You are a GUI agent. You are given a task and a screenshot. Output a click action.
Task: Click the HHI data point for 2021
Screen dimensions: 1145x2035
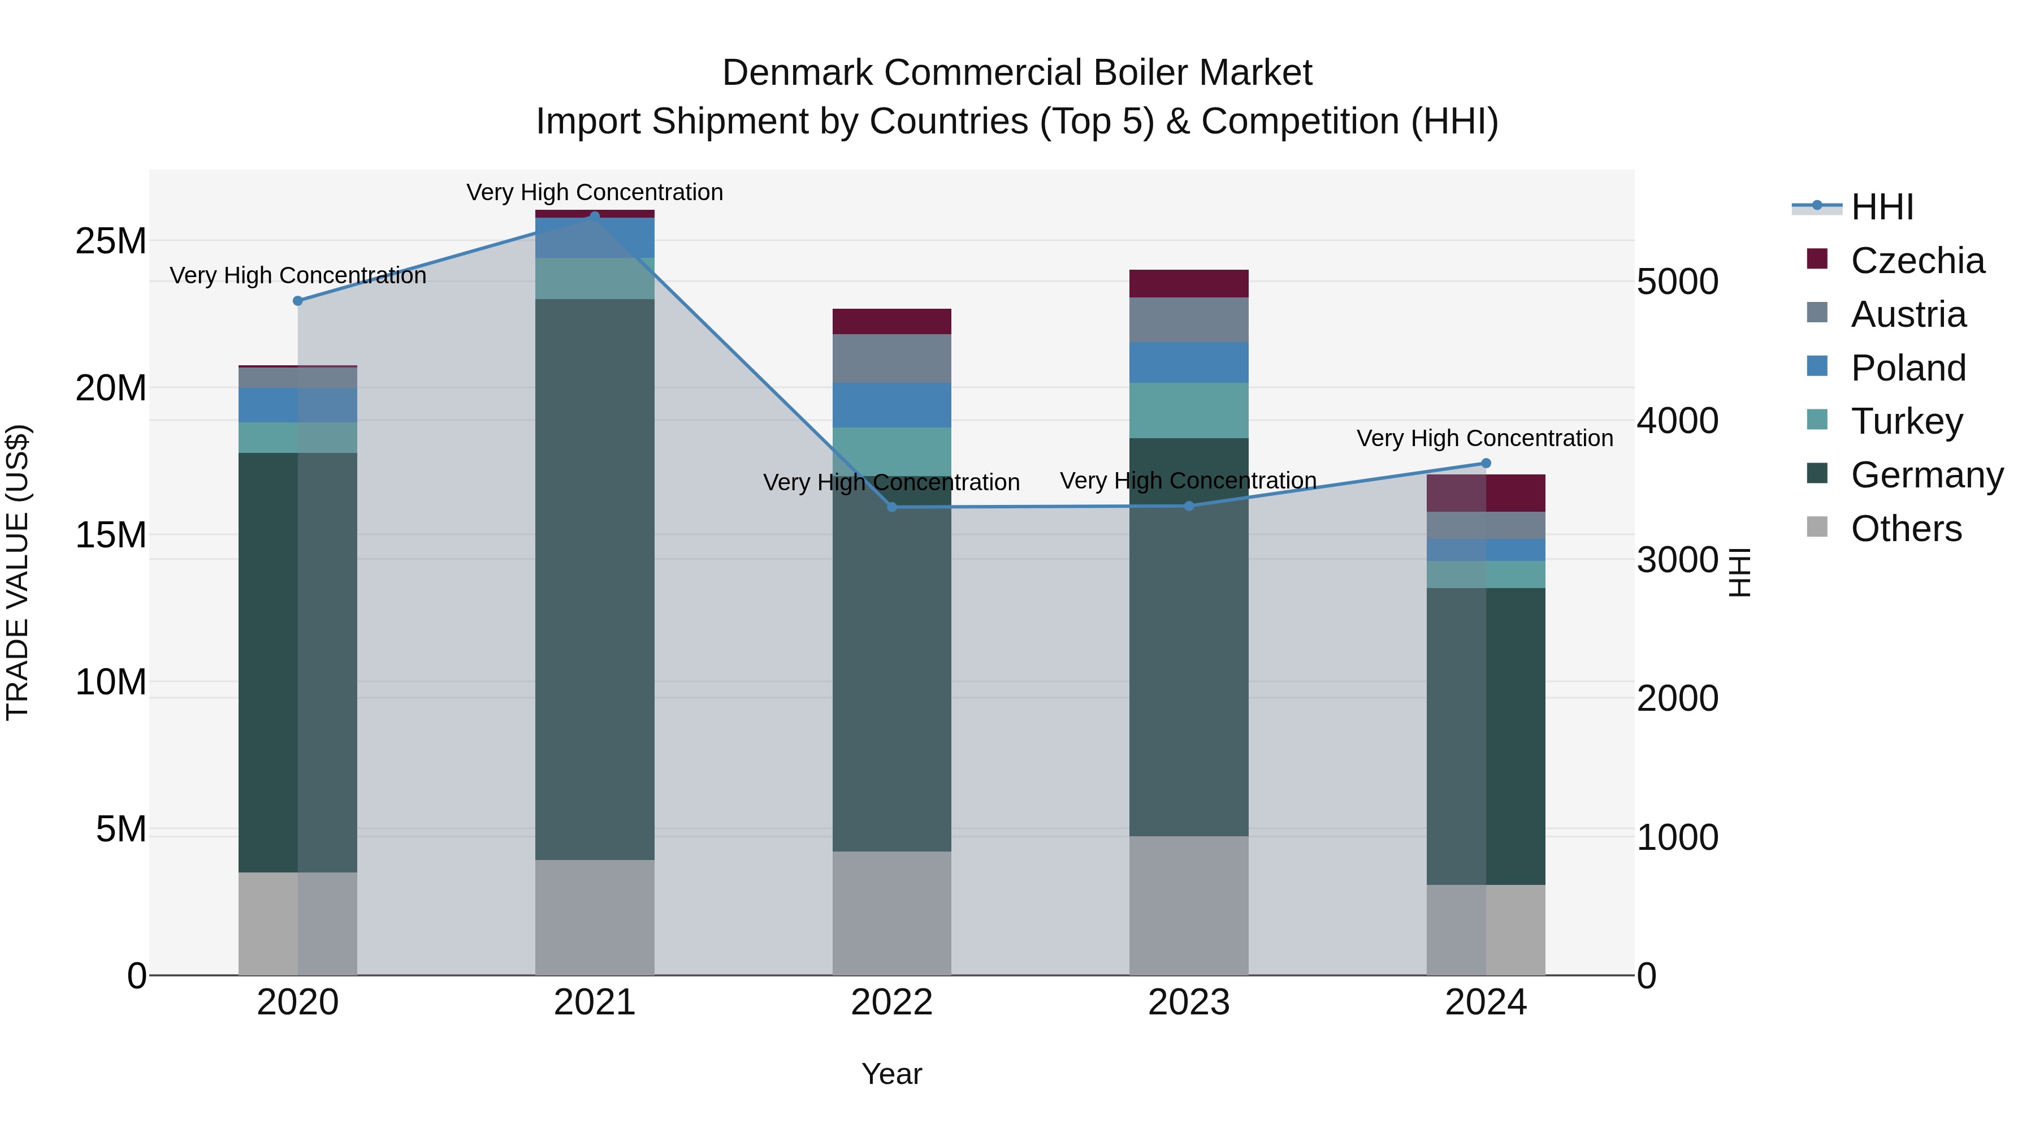tap(595, 216)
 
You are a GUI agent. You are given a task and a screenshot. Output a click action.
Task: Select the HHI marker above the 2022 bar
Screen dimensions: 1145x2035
tap(892, 507)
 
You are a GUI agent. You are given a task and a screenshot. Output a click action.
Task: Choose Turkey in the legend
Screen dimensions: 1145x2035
tap(1906, 421)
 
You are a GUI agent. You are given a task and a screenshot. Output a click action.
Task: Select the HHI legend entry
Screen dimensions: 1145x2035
tap(1882, 207)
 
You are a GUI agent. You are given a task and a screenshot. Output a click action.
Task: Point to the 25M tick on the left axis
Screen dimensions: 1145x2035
tap(111, 241)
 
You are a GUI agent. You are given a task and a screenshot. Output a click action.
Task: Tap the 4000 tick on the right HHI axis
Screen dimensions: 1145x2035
tap(1677, 420)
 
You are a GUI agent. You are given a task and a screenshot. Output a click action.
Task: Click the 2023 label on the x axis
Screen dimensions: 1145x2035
tap(1188, 1003)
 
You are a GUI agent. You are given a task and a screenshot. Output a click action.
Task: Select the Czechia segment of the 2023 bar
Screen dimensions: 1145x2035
tap(1188, 284)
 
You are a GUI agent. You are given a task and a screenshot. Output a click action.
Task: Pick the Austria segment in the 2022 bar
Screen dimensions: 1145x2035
tap(892, 358)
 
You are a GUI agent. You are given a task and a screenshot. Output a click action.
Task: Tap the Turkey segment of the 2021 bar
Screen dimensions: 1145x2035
tap(595, 278)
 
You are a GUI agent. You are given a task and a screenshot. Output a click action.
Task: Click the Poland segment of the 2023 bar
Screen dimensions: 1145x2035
tap(1188, 362)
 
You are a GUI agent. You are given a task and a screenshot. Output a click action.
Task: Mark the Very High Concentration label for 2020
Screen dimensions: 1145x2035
tap(298, 276)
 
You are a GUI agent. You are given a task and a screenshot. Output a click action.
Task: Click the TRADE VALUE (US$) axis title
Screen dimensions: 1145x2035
tap(18, 572)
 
